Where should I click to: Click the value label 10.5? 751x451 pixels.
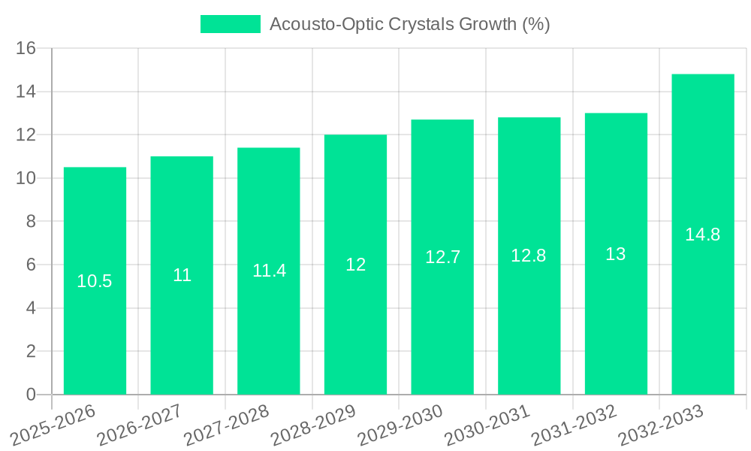(95, 281)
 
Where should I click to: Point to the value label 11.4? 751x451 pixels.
(269, 271)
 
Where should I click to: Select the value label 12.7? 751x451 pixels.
(442, 257)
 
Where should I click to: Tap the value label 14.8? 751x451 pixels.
(702, 235)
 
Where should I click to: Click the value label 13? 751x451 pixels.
(616, 254)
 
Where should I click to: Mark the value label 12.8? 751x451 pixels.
(529, 256)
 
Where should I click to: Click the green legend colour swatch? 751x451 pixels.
(230, 24)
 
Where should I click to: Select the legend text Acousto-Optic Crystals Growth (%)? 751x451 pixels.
(409, 24)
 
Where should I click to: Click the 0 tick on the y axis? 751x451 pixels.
(31, 395)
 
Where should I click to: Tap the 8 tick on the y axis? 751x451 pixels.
(31, 222)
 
